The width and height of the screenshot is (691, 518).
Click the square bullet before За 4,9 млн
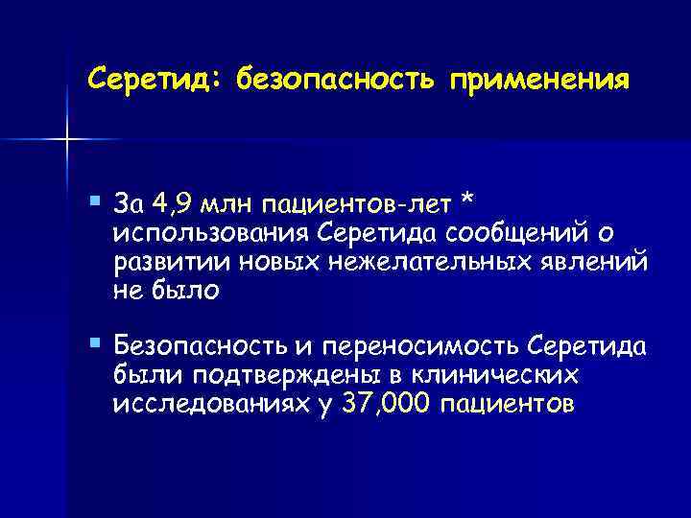point(92,199)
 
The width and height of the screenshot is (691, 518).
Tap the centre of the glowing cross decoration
point(67,140)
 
